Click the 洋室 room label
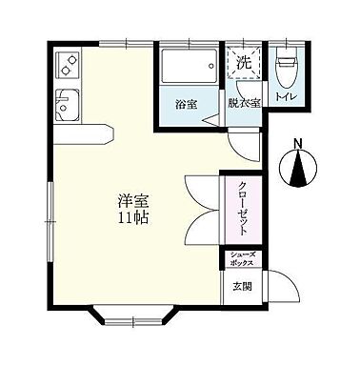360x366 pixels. coord(131,201)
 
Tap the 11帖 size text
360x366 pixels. coord(131,217)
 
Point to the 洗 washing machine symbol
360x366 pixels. coord(243,63)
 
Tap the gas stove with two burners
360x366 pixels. coord(70,65)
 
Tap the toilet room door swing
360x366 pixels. coord(276,119)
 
